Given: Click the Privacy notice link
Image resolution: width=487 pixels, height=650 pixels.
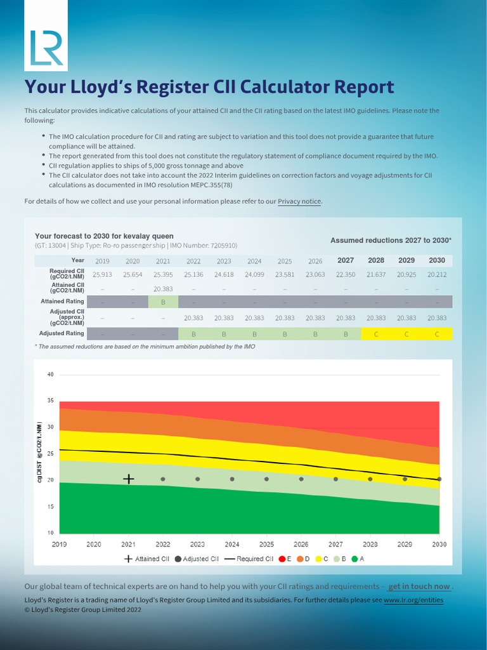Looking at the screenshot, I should [x=300, y=201].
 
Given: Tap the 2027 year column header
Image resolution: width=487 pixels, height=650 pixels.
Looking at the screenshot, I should [x=346, y=260].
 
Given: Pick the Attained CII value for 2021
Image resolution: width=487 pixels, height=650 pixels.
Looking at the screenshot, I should [x=163, y=288].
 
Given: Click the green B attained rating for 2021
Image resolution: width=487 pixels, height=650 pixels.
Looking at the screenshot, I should [x=163, y=302].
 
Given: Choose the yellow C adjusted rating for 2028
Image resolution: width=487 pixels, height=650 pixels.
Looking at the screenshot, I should [x=376, y=333].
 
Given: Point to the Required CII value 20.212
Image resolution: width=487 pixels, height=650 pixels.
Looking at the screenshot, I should [x=437, y=274].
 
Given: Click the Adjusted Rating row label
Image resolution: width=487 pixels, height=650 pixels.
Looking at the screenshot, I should [x=62, y=333].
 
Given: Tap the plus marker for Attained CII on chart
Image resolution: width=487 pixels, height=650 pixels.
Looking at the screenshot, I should [x=128, y=479].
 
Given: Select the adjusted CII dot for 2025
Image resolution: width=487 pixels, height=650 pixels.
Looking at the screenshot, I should [x=266, y=479].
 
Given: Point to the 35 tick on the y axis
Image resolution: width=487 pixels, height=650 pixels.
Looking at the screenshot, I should [x=50, y=401].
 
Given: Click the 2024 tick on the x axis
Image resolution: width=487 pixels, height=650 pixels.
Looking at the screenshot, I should [x=232, y=544].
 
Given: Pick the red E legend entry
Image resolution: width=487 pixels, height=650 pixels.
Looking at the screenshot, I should [x=285, y=559].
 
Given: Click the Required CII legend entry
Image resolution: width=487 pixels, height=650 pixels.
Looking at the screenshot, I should [x=249, y=559].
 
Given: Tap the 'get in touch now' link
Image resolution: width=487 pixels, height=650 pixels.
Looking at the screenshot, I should [x=419, y=587].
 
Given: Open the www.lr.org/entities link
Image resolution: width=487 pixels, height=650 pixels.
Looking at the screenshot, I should [x=413, y=600].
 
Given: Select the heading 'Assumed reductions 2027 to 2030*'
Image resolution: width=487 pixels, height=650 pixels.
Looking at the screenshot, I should [x=391, y=241].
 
